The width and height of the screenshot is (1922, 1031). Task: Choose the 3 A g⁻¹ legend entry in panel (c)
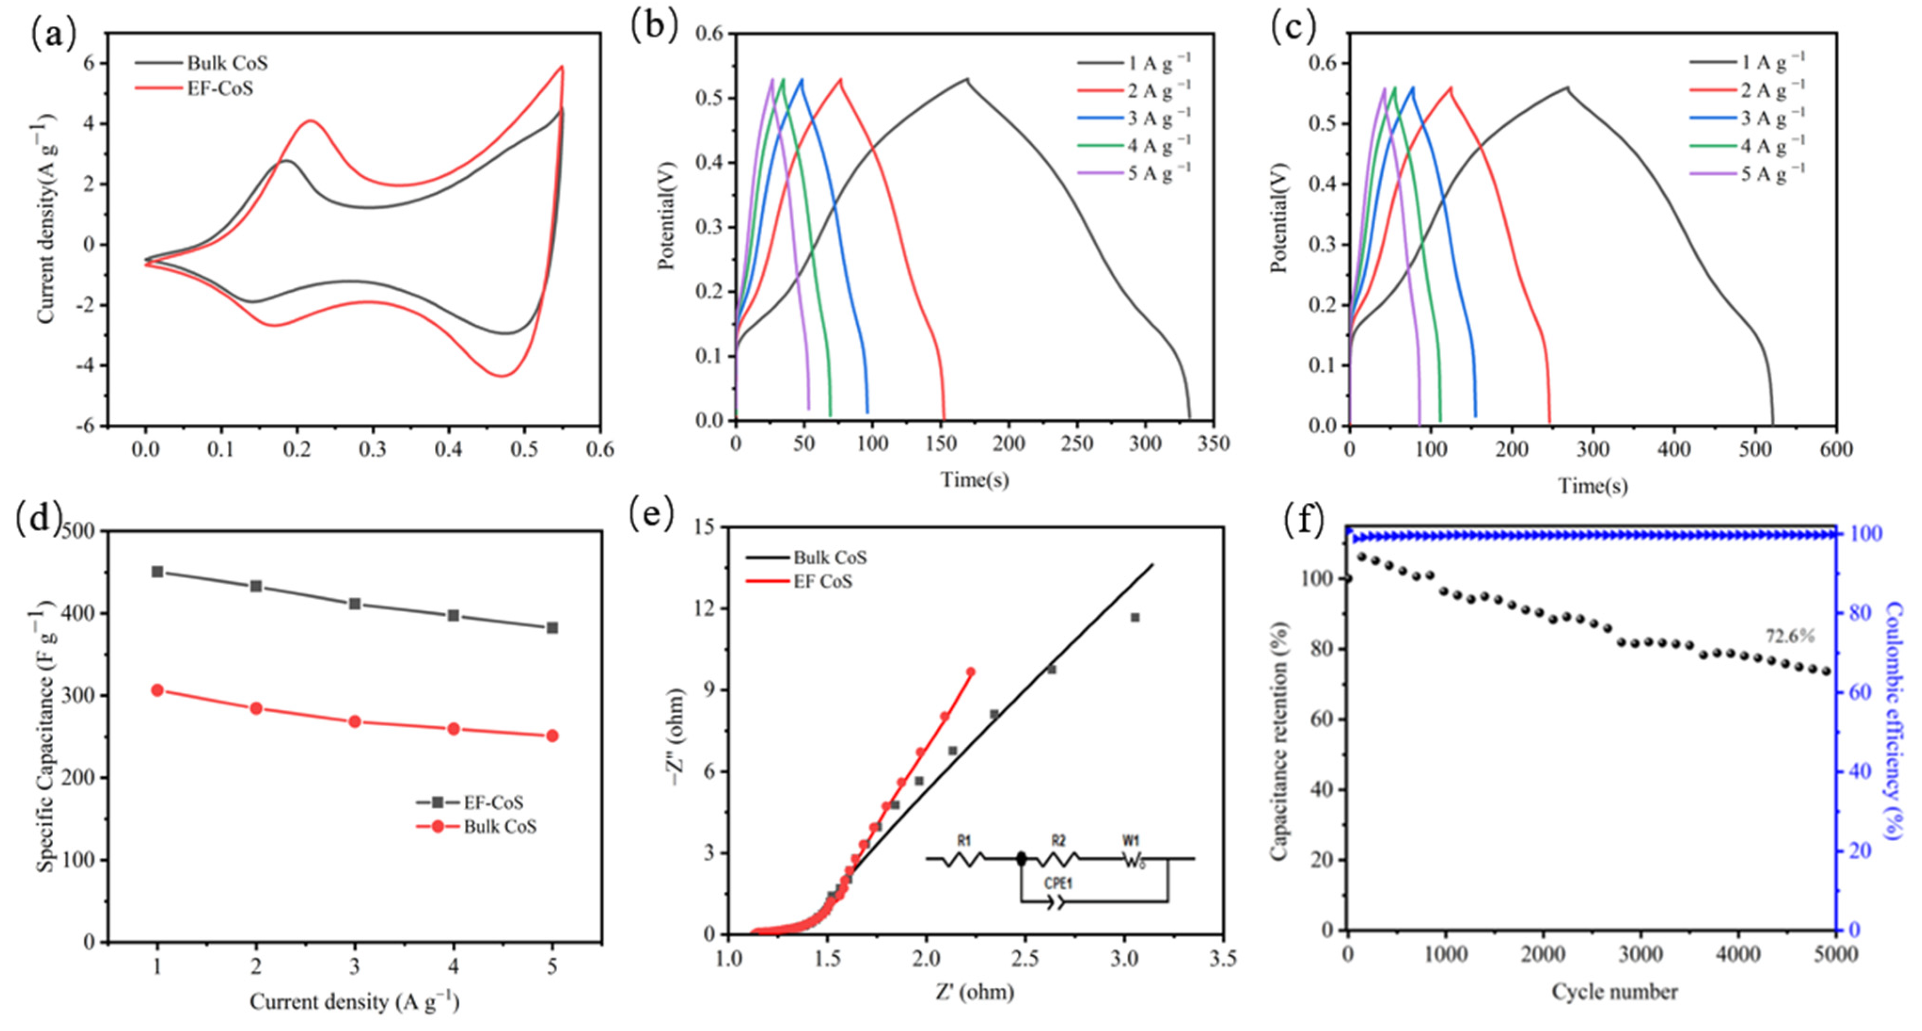pos(1772,118)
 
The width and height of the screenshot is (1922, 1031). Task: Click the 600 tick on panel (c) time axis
pos(1836,449)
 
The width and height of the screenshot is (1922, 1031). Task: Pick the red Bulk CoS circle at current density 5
pos(552,736)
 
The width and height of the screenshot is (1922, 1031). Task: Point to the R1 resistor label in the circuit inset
pos(964,841)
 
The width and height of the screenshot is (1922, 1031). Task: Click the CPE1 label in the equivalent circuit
pos(1057,883)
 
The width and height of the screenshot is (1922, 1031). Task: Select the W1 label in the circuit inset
pos(1130,841)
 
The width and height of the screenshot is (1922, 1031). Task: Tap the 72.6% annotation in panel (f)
pos(1789,636)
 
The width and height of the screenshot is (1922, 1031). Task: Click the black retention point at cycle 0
pos(1347,579)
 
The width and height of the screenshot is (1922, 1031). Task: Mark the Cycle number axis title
pos(1615,992)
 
